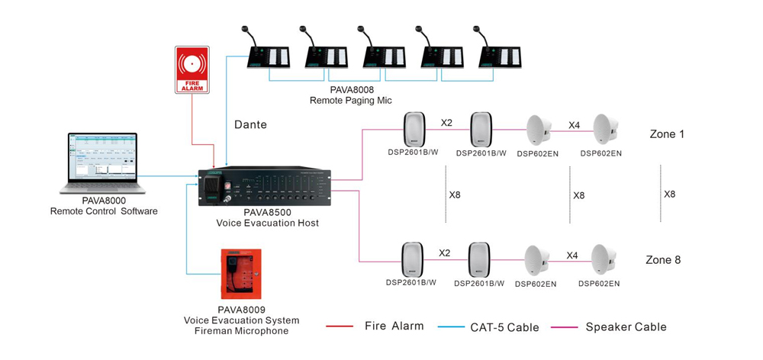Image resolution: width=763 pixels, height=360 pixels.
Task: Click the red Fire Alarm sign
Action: click(x=192, y=69)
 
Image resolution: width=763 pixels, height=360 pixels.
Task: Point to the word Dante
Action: click(x=250, y=124)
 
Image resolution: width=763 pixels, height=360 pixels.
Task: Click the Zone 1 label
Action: click(x=666, y=134)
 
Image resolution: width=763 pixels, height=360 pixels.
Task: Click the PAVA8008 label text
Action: click(x=351, y=89)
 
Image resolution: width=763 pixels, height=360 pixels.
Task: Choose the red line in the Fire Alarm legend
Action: click(x=339, y=326)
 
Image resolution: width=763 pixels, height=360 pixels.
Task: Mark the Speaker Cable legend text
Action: click(x=626, y=326)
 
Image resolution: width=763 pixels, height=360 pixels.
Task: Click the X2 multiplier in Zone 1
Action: click(x=446, y=122)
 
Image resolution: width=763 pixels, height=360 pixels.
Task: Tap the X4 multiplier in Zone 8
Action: click(x=573, y=256)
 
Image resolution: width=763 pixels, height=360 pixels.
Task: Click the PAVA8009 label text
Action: click(x=241, y=310)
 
